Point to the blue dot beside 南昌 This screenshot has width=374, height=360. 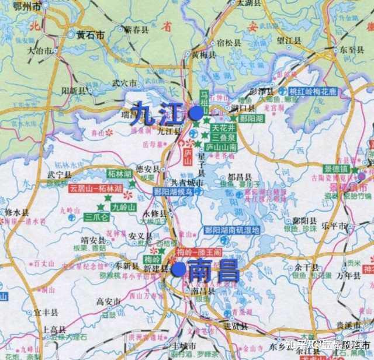coord(179,269)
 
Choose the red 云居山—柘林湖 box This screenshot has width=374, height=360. coord(95,189)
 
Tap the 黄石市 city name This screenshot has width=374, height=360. coord(90,35)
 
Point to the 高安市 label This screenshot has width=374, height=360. coord(108,302)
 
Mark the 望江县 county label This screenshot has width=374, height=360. coord(288,40)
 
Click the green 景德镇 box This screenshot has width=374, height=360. coord(336,168)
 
